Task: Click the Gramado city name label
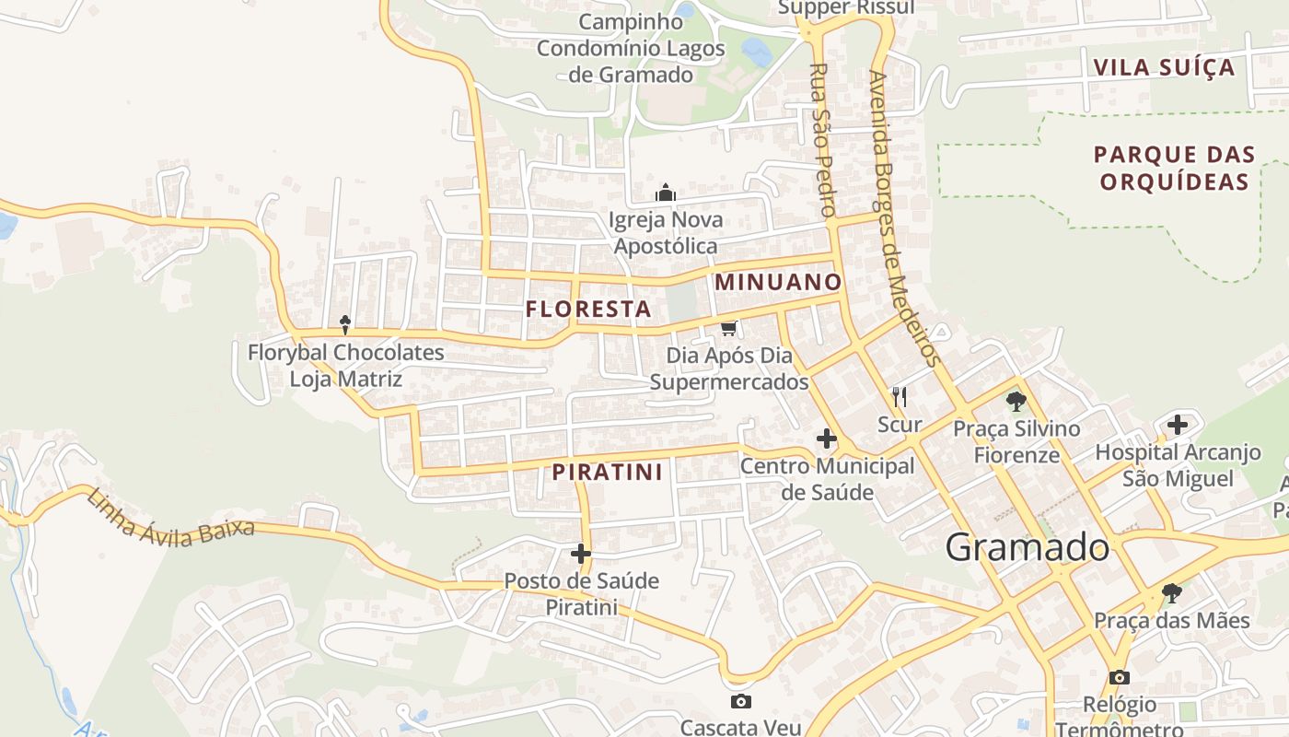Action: (x=1028, y=547)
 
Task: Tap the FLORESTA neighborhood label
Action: (x=588, y=310)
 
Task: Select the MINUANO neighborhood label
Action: (x=778, y=282)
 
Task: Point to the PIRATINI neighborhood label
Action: (x=608, y=473)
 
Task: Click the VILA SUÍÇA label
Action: (x=1164, y=67)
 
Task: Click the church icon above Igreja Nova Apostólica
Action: (x=665, y=193)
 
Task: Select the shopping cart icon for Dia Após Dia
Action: (x=729, y=328)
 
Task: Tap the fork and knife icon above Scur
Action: (x=900, y=397)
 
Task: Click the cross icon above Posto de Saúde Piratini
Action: (x=581, y=554)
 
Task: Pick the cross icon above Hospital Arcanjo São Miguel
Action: (x=1178, y=426)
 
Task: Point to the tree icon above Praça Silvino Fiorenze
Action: (x=1016, y=401)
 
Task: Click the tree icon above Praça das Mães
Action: (x=1171, y=592)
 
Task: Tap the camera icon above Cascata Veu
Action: (x=740, y=702)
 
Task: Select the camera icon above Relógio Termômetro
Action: (x=1120, y=678)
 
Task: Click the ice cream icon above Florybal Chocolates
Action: (x=345, y=324)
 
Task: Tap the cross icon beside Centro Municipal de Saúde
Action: (x=827, y=439)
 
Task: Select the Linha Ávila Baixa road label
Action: (x=170, y=518)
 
